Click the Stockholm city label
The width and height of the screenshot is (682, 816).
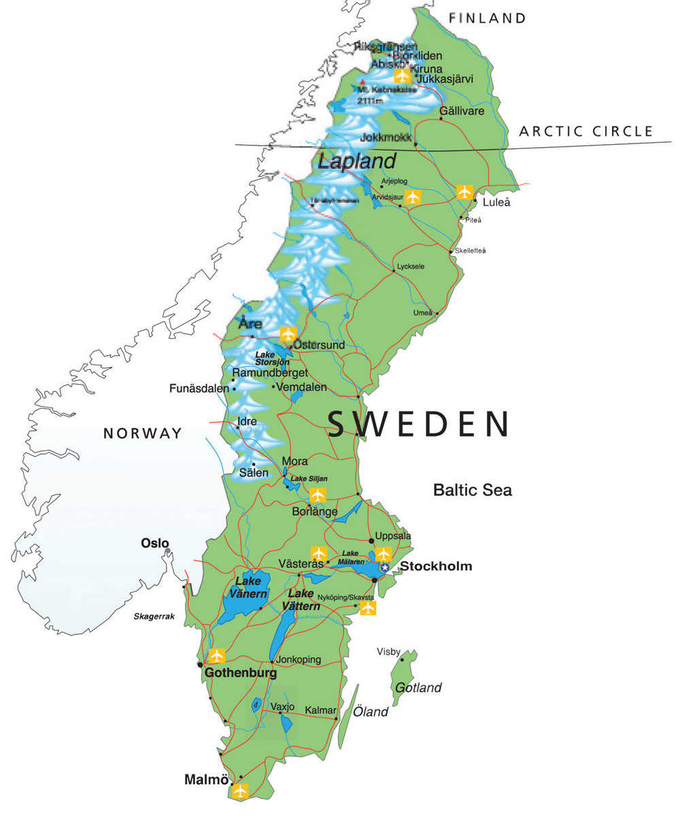click(435, 566)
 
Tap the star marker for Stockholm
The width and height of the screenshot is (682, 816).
click(385, 567)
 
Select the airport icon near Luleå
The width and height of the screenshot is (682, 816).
click(464, 192)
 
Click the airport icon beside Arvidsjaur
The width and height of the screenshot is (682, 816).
click(413, 197)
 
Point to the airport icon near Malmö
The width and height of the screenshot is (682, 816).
click(239, 791)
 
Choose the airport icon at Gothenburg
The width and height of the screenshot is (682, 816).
click(216, 656)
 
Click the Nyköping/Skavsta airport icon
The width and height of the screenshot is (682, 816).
click(367, 608)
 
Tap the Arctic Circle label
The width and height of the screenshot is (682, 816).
click(585, 132)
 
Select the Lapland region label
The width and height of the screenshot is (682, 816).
click(357, 162)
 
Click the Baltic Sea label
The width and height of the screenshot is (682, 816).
click(473, 490)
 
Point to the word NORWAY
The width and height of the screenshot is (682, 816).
click(143, 433)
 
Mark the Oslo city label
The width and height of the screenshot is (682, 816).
click(154, 543)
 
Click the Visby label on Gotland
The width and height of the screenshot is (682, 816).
click(388, 651)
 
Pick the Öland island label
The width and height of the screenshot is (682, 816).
click(371, 712)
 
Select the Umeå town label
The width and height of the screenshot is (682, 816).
click(423, 313)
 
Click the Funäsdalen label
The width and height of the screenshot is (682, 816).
click(200, 389)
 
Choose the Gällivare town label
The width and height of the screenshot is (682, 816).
click(462, 110)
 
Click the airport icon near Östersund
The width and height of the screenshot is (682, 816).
click(288, 335)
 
